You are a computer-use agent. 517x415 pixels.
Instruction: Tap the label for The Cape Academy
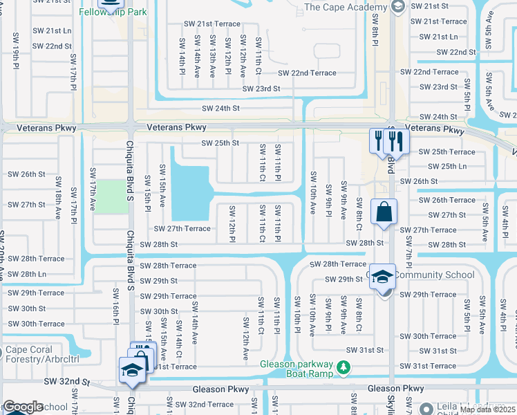(x=342, y=8)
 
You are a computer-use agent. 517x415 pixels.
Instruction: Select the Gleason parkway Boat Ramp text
(x=297, y=370)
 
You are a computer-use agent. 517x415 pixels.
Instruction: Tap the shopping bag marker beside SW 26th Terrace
(x=383, y=212)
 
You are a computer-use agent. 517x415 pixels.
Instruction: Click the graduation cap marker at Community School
(x=382, y=277)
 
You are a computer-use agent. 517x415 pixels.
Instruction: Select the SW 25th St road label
(x=220, y=143)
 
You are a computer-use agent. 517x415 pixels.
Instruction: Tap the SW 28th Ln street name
(x=23, y=274)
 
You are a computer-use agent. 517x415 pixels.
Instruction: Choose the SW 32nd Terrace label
(x=204, y=404)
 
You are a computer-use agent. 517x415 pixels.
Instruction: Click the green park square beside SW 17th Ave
(x=107, y=196)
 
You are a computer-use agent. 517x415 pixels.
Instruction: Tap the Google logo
(x=23, y=407)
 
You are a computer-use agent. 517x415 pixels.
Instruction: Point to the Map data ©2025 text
(x=488, y=409)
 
